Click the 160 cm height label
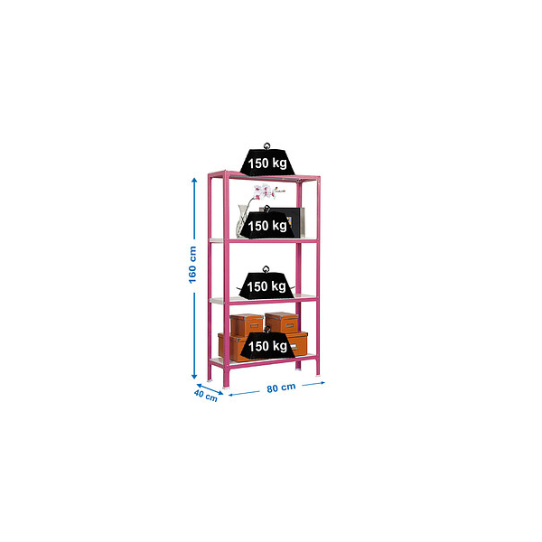tap(192, 265)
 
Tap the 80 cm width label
tap(281, 388)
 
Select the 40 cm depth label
tap(206, 396)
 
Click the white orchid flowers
tap(266, 192)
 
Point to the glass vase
tap(242, 221)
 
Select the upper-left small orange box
tap(247, 324)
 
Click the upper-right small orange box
tap(282, 322)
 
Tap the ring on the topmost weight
tap(266, 145)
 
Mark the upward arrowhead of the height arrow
tap(194, 181)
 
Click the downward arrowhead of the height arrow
tap(194, 376)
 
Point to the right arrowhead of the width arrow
tap(322, 383)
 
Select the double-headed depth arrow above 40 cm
tap(210, 389)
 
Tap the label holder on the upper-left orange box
tap(255, 325)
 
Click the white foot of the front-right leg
tap(318, 376)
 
